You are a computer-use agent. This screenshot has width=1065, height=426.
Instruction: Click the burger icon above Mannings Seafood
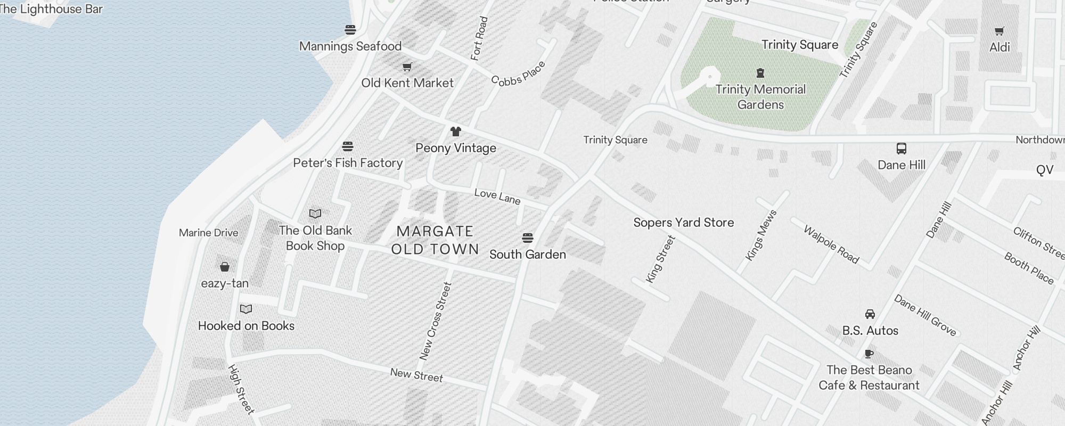click(x=350, y=30)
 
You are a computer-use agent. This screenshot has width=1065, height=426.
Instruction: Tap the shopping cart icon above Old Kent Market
click(x=407, y=67)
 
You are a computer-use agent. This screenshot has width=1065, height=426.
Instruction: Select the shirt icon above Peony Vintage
click(x=455, y=132)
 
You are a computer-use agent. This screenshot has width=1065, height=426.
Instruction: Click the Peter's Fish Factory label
click(x=348, y=163)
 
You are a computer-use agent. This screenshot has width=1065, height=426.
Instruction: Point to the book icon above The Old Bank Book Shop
click(x=315, y=214)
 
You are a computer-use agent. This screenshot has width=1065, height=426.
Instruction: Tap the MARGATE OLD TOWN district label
click(x=435, y=240)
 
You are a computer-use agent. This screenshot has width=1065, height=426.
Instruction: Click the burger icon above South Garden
click(x=528, y=237)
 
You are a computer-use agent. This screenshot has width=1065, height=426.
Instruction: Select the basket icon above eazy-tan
click(x=225, y=267)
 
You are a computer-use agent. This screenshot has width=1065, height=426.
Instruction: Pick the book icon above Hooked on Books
click(x=246, y=309)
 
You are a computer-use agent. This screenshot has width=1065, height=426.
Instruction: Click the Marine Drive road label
click(x=209, y=233)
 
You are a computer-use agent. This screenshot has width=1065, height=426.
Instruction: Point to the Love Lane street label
click(x=497, y=196)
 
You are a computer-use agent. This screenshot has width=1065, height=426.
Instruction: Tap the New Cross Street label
click(x=436, y=321)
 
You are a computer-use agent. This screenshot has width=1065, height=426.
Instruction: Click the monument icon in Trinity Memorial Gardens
click(x=760, y=73)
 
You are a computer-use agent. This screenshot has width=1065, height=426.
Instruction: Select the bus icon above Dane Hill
click(x=902, y=149)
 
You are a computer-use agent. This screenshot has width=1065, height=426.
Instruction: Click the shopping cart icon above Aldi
click(x=1000, y=31)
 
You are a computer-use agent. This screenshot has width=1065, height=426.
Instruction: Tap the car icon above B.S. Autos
click(x=870, y=314)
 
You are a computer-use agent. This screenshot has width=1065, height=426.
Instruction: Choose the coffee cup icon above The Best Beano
click(x=869, y=354)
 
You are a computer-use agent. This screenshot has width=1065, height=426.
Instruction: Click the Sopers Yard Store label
click(x=684, y=223)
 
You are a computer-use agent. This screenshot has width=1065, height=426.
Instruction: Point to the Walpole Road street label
click(x=831, y=245)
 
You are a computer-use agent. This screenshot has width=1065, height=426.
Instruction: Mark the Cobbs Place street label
click(x=518, y=73)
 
